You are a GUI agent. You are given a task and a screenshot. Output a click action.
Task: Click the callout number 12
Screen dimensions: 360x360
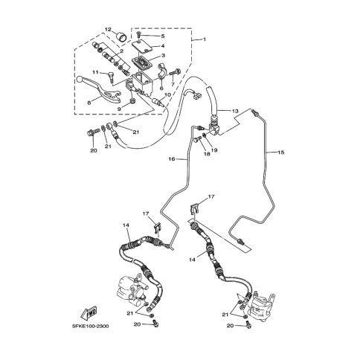tap(108, 30)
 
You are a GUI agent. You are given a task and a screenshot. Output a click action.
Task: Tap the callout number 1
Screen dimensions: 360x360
tap(205, 39)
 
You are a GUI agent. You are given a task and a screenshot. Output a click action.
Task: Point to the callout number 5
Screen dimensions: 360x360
tap(163, 36)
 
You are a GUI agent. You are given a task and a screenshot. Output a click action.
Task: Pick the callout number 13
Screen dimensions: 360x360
tap(235, 111)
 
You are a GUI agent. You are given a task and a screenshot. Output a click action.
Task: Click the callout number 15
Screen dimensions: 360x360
tap(281, 152)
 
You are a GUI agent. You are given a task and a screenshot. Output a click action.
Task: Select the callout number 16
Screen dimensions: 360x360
tap(172, 159)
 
